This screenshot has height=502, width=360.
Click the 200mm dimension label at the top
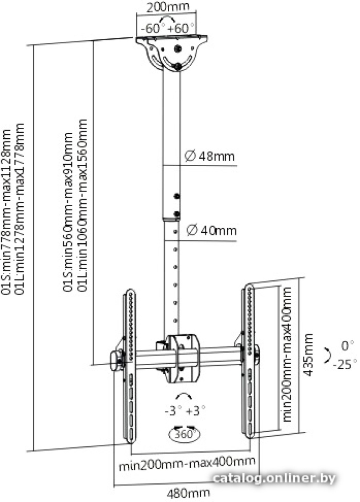pos(167,7)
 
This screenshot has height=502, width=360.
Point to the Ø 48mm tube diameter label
pos(210,156)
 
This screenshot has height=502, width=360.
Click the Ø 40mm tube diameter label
pos(211,230)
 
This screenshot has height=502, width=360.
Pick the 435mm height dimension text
pos(308,355)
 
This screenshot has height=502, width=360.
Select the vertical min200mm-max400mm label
pos(287,355)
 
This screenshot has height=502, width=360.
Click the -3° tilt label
pos(173,410)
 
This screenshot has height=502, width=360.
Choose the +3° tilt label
pos(195,410)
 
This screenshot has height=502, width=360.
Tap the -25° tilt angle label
pos(344,364)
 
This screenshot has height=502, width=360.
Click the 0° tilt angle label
pos(347,346)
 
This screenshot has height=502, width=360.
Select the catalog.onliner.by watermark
pos(274,479)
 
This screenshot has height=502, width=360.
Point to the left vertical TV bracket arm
pos(130,366)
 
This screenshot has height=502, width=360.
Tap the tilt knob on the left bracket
pos(115,361)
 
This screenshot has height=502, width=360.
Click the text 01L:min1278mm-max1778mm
pos(20,209)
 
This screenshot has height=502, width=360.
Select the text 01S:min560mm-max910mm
pos(68,212)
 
